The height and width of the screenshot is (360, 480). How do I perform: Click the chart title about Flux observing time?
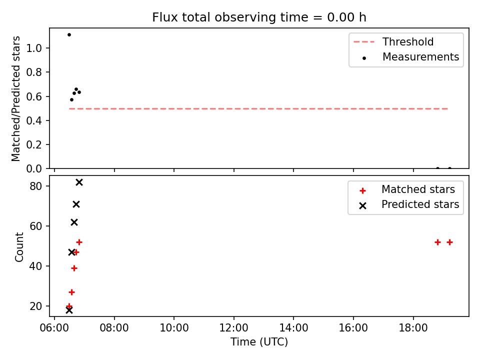click(259, 17)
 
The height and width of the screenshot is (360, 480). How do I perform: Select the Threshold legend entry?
click(393, 41)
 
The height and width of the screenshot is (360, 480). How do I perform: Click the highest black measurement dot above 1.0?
click(69, 34)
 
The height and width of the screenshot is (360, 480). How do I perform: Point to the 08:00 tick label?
click(114, 328)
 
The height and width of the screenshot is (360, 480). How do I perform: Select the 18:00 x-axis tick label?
click(413, 328)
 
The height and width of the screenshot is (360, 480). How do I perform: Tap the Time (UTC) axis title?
click(259, 341)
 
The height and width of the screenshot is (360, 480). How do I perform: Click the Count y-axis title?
click(19, 247)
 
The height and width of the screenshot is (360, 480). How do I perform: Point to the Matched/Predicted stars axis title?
click(16, 98)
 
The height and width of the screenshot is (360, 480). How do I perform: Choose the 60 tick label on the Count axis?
click(36, 226)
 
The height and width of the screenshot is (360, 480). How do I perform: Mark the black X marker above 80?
click(79, 182)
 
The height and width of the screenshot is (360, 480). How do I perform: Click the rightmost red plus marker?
click(449, 242)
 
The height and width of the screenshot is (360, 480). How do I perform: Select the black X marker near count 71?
click(76, 204)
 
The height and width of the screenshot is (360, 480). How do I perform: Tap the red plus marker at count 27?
click(71, 292)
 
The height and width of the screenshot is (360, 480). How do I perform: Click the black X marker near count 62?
click(74, 222)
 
